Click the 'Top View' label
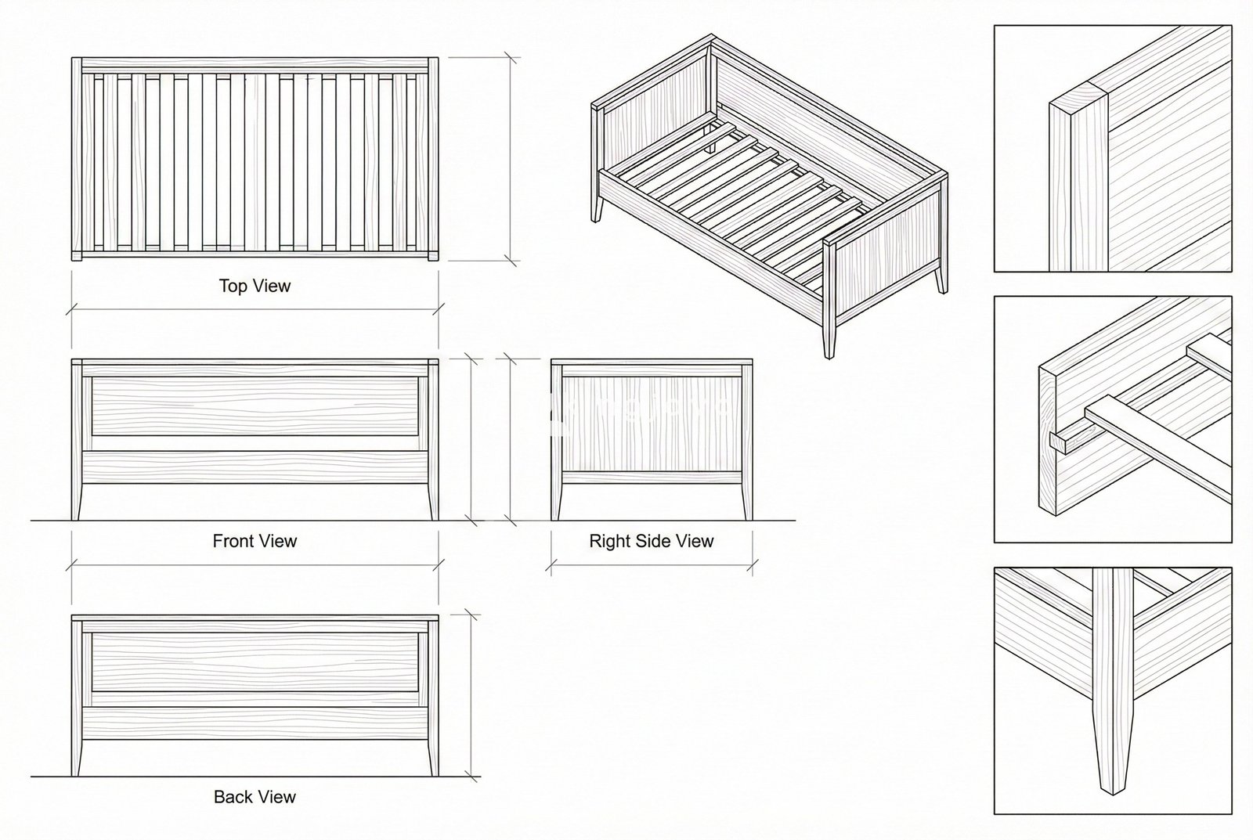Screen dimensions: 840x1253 [x=255, y=287]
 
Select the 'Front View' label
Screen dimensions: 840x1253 [x=255, y=541]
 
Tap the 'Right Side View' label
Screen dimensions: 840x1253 [x=651, y=541]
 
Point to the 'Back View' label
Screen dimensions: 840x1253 [x=255, y=797]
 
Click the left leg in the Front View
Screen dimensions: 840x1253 [x=77, y=501]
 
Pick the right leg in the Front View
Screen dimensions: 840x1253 [x=433, y=501]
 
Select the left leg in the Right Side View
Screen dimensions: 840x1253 [x=557, y=501]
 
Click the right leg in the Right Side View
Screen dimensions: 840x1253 [x=746, y=501]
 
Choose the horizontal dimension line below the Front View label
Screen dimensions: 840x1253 [x=255, y=563]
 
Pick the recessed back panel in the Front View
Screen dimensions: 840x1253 [x=255, y=406]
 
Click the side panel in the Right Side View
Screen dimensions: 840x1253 [x=651, y=423]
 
